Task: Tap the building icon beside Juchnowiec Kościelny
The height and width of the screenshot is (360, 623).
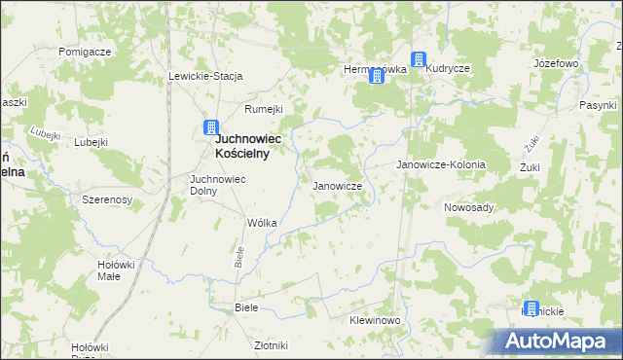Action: tap(211, 127)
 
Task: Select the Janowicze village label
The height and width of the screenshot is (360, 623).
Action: tap(337, 185)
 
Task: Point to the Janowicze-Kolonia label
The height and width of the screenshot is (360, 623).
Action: tap(440, 165)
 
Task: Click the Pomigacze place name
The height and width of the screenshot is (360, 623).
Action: tap(85, 51)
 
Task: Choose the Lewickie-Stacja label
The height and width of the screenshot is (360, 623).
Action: tap(205, 76)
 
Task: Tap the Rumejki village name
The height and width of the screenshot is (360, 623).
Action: tap(263, 109)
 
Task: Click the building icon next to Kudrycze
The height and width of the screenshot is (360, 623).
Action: tap(419, 60)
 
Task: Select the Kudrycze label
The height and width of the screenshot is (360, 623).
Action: tap(448, 69)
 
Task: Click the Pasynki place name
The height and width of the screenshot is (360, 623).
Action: tap(598, 104)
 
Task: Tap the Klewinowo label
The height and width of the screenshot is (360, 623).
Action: tap(375, 320)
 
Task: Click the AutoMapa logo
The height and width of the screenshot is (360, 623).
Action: tap(556, 342)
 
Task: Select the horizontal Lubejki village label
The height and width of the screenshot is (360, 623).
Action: tap(90, 141)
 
